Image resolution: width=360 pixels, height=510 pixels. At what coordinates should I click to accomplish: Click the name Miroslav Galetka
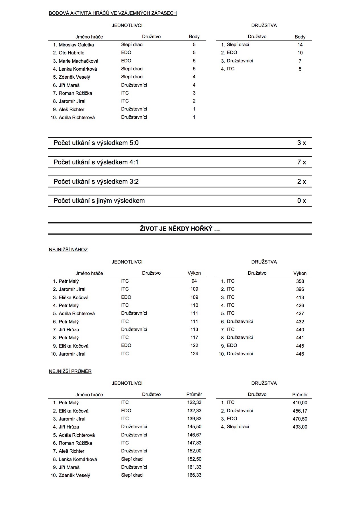76,45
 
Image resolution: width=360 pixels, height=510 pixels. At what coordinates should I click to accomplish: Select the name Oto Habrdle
71,53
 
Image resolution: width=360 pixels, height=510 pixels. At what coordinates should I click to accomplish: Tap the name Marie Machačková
78,61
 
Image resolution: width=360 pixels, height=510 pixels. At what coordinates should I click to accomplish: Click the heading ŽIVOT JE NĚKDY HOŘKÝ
180,229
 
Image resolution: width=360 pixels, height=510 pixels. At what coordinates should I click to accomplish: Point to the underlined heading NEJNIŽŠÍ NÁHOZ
68,250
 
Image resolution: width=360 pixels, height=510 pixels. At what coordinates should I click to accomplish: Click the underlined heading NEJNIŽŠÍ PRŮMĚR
70,371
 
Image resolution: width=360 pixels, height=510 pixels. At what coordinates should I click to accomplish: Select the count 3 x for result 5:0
301,143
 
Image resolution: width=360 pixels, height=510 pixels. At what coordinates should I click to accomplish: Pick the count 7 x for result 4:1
301,162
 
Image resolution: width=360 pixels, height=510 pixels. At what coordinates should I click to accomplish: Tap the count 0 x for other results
301,201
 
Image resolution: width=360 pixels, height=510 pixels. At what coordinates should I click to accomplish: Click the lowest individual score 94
194,281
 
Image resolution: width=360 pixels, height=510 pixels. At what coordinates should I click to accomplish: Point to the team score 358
300,281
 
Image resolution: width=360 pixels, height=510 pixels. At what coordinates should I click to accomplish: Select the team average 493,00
300,427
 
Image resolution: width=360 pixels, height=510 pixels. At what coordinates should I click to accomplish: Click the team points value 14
300,45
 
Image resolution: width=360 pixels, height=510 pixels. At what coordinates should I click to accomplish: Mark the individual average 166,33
194,475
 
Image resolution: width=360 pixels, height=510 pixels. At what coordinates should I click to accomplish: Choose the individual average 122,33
194,403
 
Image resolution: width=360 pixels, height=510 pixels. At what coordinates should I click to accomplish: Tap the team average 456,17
300,411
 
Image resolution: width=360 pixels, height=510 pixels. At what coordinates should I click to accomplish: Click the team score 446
300,354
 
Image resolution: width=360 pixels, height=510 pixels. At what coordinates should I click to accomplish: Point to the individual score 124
194,354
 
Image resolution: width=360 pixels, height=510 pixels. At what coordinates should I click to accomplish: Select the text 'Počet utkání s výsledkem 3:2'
96,182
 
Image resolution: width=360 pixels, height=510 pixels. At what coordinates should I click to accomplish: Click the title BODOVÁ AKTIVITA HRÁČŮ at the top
113,13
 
